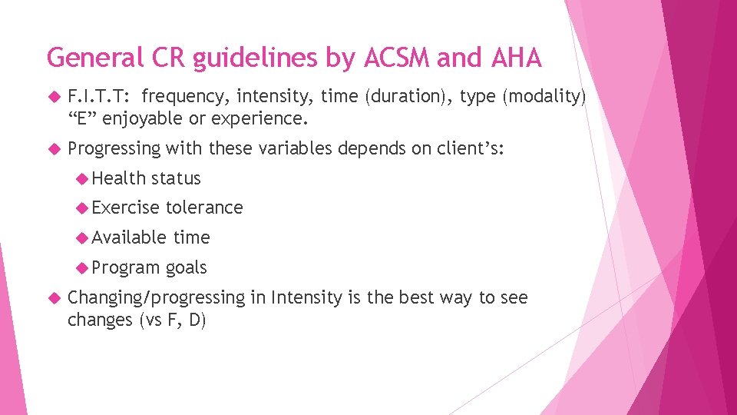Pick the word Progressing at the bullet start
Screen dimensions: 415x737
coord(114,148)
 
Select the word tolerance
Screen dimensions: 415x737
coord(204,207)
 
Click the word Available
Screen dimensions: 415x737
coord(130,237)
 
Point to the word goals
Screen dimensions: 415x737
coord(186,267)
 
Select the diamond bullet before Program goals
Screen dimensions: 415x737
coord(83,267)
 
